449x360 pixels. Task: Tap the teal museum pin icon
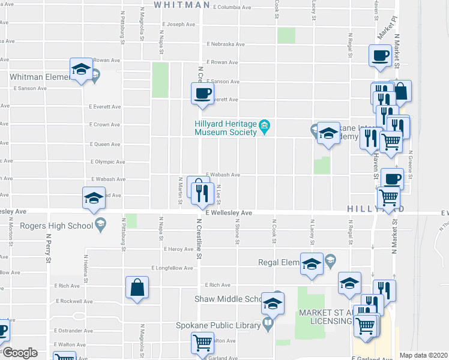265,125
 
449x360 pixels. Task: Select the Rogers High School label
56,226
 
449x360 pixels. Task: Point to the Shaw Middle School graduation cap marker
272,305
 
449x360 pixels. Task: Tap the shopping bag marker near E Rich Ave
137,287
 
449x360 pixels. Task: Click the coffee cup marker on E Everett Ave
202,94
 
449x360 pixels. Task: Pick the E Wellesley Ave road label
228,213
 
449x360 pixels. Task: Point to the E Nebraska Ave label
226,44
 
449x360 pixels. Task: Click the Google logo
20,353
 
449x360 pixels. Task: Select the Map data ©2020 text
423,355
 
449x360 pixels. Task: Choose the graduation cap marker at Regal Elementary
312,265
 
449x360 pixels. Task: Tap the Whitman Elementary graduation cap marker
81,69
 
